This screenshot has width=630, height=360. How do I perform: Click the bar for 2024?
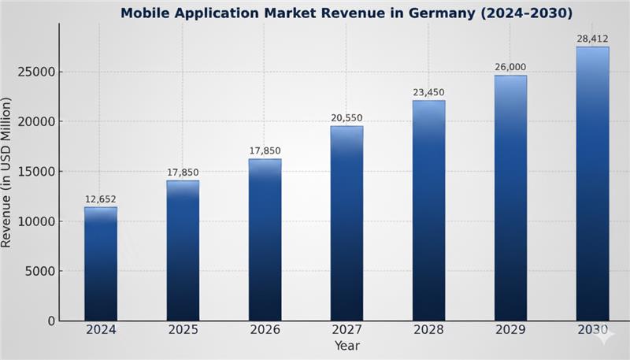(101, 264)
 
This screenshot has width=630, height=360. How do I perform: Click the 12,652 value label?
(101, 199)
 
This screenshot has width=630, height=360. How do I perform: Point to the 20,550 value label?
(346, 118)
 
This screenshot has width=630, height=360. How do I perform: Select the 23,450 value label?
(428, 92)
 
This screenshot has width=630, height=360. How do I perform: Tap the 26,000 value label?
(510, 67)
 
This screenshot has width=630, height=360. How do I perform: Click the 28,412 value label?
(592, 39)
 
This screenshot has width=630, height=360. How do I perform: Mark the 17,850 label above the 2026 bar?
(265, 150)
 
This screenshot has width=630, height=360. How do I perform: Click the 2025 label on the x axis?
(183, 332)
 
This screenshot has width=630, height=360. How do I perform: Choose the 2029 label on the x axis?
(510, 332)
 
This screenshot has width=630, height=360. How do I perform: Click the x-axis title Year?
(346, 346)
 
